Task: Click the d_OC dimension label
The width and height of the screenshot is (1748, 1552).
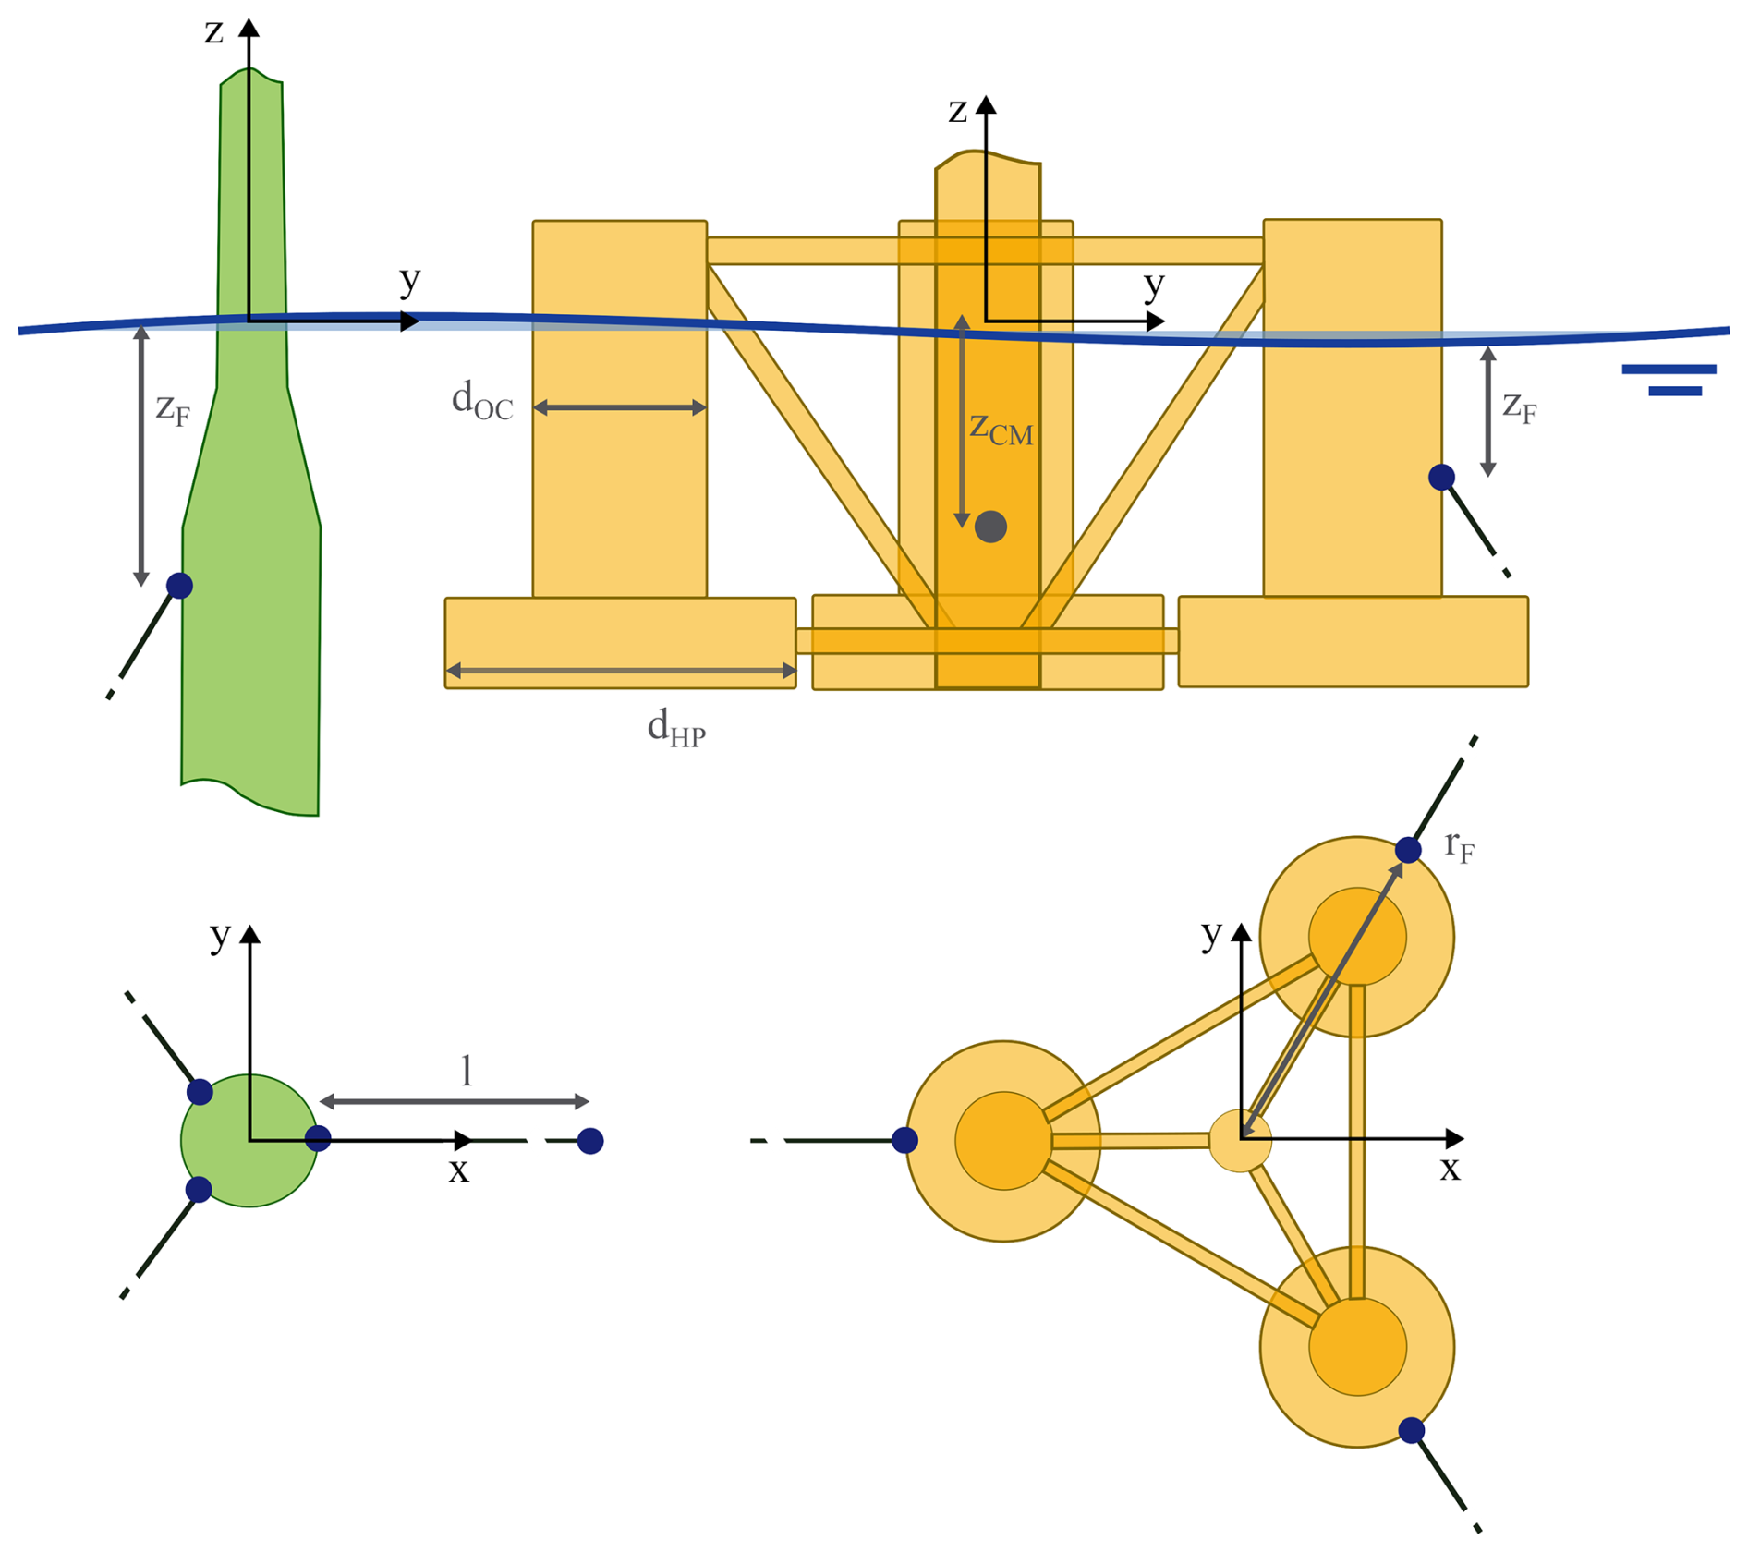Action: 481,401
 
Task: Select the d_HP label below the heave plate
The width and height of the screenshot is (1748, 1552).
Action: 676,728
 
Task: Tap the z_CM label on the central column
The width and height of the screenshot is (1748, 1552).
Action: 1001,428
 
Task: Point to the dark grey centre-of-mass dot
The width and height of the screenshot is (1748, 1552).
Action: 990,527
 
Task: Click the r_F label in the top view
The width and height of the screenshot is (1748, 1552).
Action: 1459,846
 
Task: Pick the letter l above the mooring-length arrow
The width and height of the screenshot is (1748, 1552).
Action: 467,1071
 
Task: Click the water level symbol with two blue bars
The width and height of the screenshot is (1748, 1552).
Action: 1669,380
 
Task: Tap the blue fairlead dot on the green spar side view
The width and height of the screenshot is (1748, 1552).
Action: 179,585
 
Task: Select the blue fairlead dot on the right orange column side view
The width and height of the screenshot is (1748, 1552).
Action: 1441,477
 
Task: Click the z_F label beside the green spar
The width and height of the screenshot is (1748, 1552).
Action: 173,407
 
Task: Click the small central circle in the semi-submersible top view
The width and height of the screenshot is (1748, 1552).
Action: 1240,1142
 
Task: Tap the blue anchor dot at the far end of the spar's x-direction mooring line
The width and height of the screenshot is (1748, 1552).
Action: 590,1141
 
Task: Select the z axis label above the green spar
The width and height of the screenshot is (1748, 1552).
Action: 214,32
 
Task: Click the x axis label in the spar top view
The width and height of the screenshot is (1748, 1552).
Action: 458,1170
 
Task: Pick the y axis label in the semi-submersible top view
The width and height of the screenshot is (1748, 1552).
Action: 1211,934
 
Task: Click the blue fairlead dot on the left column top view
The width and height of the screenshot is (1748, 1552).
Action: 905,1140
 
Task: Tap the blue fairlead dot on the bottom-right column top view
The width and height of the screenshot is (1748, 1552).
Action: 1411,1430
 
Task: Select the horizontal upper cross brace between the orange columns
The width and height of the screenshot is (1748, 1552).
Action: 985,250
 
